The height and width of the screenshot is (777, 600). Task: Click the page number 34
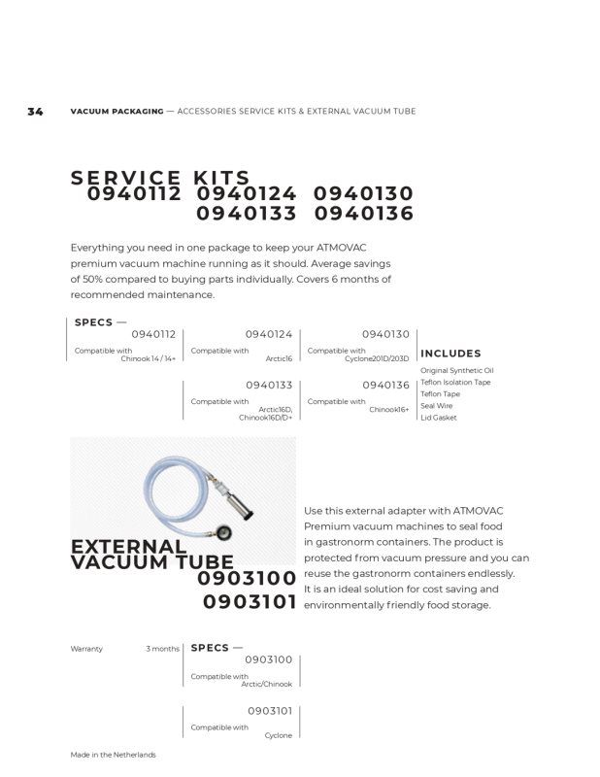coord(35,112)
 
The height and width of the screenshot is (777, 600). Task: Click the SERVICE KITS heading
coord(160,179)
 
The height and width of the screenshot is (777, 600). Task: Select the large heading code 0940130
coord(363,194)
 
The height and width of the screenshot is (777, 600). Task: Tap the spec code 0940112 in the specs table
coord(153,334)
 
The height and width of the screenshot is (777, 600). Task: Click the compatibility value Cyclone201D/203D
coord(377,358)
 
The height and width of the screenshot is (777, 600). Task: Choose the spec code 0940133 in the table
coord(269,385)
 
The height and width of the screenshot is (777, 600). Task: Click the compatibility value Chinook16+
coord(388,410)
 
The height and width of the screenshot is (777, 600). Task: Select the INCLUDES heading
coord(450,354)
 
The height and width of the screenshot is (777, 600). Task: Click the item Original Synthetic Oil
coord(456,371)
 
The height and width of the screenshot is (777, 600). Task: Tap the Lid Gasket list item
coord(438,418)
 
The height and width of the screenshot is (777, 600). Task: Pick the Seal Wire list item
coord(436,406)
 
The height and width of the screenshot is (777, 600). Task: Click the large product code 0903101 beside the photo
coord(250,602)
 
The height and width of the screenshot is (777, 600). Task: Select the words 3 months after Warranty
coord(162,649)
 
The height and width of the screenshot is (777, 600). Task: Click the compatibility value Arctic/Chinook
coord(266,685)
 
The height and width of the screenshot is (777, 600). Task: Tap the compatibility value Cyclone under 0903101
coord(278,736)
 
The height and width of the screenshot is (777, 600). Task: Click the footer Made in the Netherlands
coord(113,755)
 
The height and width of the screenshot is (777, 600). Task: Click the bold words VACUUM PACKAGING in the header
coord(117,112)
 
